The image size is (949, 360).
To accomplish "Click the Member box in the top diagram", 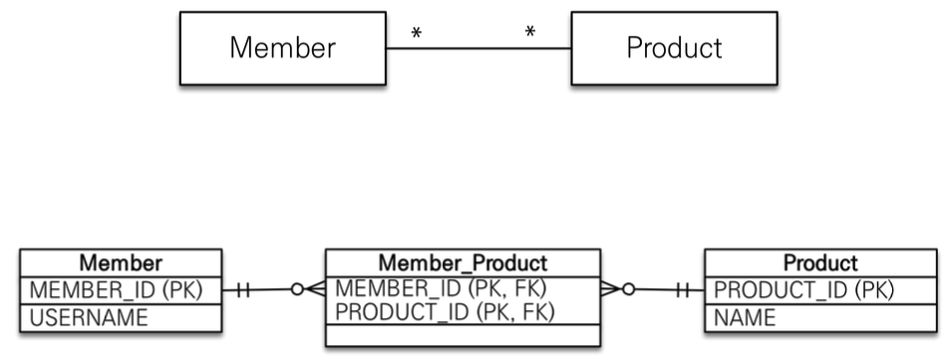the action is pos(283,48).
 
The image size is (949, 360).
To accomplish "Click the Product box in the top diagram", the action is pos(674,48).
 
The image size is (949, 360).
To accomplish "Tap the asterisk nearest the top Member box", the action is pos(416,33).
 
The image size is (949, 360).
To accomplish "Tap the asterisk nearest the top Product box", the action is pos(530,32).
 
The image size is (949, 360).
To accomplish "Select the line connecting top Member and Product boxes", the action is pos(478,49).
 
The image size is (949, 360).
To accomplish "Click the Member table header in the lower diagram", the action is pos(121,263).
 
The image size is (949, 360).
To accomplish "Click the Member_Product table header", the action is pos(463,263).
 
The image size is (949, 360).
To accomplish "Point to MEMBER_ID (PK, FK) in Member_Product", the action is pos(441,288).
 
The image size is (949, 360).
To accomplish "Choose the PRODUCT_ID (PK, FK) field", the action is pos(445,311).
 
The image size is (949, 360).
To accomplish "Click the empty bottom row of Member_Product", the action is pos(463,335).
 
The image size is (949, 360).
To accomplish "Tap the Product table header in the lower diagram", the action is pos(820,263).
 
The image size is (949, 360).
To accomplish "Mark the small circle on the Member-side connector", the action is pos(297,289).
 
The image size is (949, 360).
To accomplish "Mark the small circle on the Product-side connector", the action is pos(629,289).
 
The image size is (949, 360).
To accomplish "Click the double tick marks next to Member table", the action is pos(243,290).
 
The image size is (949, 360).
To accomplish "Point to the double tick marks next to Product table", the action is pos(683,290).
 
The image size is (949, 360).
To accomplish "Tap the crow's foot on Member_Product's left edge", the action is pos(315,289).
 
